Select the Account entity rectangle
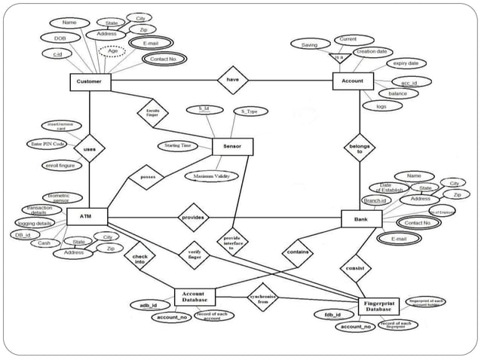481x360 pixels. [x=353, y=81]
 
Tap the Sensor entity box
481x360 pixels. [x=232, y=146]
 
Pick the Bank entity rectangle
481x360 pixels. [x=362, y=219]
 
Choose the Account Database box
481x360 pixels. [x=195, y=296]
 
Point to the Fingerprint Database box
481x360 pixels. [x=378, y=306]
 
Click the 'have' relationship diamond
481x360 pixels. [x=233, y=81]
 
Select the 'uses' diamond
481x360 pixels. [x=89, y=150]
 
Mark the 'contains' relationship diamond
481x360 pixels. [x=297, y=253]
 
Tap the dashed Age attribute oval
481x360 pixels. [x=113, y=51]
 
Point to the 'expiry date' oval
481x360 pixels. [x=410, y=64]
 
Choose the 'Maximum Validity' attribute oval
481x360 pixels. [x=210, y=176]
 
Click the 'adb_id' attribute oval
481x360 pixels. [x=150, y=305]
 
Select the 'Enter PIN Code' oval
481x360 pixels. [x=46, y=143]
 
